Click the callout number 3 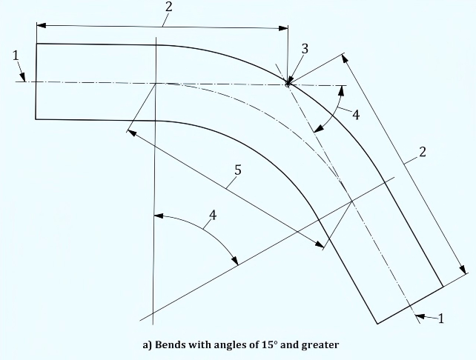pyautogui.click(x=305, y=49)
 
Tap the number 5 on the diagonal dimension pyautogui.click(x=238, y=170)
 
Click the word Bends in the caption pyautogui.click(x=170, y=345)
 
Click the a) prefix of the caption pyautogui.click(x=148, y=345)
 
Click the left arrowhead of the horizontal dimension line pyautogui.click(x=42, y=25)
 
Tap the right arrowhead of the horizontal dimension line pyautogui.click(x=283, y=28)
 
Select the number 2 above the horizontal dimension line pyautogui.click(x=169, y=7)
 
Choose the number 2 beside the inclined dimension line pyautogui.click(x=423, y=152)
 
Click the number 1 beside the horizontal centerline pyautogui.click(x=16, y=56)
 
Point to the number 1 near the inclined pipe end pyautogui.click(x=441, y=319)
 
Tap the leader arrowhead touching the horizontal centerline pyautogui.click(x=23, y=77)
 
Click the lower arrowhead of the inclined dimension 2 pyautogui.click(x=462, y=270)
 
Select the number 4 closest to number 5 pyautogui.click(x=213, y=216)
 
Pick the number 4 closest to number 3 pyautogui.click(x=356, y=115)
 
